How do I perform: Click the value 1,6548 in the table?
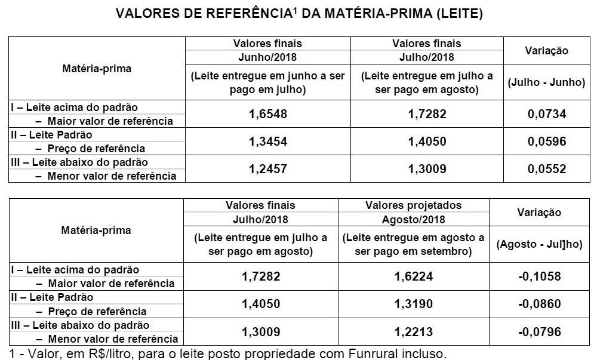click(267, 114)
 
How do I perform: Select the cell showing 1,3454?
click(267, 141)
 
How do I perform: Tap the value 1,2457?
click(267, 169)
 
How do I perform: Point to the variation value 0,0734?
click(546, 114)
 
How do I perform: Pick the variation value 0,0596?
click(546, 141)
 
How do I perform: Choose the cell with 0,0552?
click(546, 169)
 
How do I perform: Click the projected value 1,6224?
click(413, 276)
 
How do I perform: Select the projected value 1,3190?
click(413, 304)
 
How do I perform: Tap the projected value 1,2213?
click(413, 331)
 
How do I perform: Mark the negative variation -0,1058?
click(540, 276)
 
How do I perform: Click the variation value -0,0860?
click(540, 304)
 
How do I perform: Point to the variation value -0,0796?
click(540, 331)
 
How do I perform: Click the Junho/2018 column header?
click(267, 57)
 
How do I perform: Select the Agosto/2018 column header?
click(413, 219)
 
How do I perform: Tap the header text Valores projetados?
click(413, 205)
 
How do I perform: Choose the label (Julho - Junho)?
click(546, 83)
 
